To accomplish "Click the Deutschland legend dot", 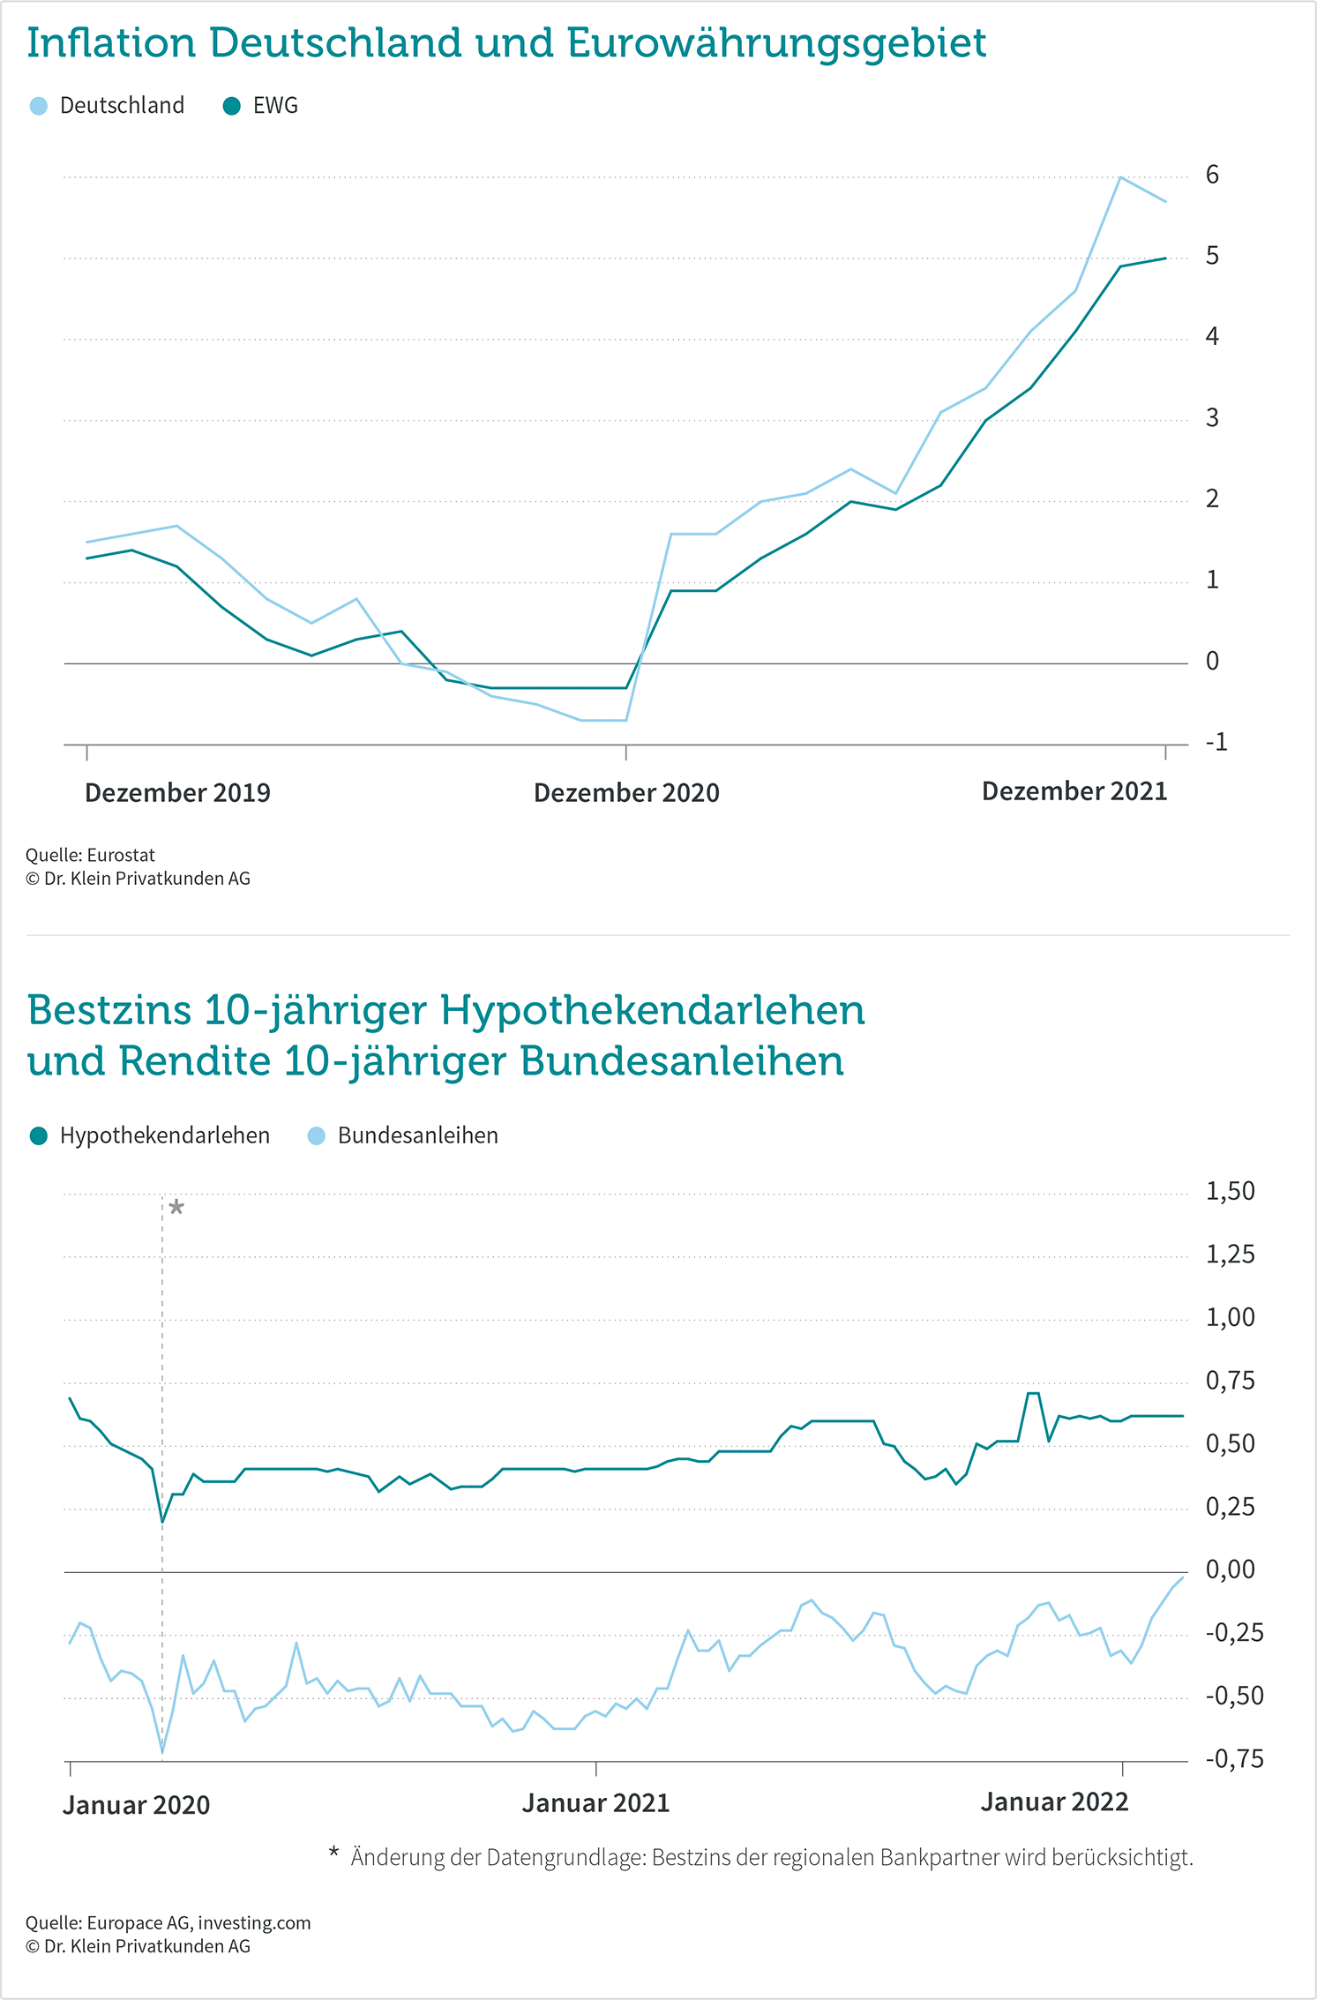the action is [39, 106].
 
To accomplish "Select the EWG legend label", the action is [275, 106].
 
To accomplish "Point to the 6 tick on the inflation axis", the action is [1212, 175].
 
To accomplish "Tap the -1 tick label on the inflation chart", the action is [1216, 742].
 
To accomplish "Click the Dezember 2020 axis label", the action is [626, 792].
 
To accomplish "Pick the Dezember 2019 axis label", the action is [177, 792].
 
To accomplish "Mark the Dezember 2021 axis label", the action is [1074, 790].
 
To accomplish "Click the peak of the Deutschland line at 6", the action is [1120, 177].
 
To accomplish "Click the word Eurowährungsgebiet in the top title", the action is [776, 44].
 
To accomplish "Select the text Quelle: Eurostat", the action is [90, 855].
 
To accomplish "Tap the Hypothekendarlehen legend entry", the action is [150, 1135].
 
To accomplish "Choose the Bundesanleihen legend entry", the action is [403, 1135].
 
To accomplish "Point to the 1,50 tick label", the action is [1230, 1191].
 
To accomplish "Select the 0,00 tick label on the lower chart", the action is [1230, 1569].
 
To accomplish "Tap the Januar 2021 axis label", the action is [595, 1803].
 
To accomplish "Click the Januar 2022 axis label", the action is [1055, 1801].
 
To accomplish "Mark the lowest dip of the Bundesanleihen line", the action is [162, 1751].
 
